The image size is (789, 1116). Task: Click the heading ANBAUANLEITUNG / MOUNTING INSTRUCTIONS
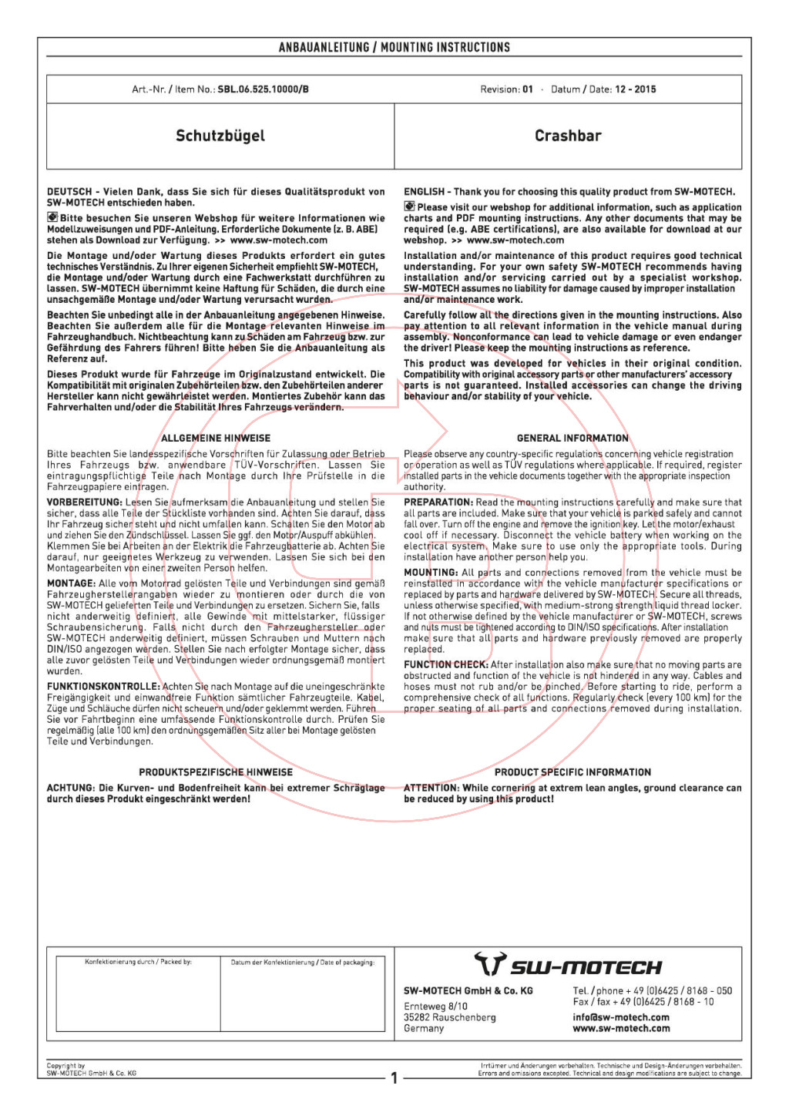[x=394, y=48]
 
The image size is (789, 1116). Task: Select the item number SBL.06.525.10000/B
[x=263, y=89]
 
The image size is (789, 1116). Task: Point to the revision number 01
[x=528, y=89]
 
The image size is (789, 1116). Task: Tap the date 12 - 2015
[x=635, y=89]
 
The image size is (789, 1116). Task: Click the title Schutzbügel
[x=220, y=136]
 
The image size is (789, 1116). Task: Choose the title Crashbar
[x=568, y=136]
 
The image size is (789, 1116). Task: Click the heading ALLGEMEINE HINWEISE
[x=216, y=439]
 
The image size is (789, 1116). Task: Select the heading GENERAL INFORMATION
[x=572, y=439]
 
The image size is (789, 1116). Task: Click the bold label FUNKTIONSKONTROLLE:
[x=103, y=687]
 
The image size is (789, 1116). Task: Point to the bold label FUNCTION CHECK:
[x=446, y=665]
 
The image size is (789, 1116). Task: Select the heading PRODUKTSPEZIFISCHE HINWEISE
[x=216, y=772]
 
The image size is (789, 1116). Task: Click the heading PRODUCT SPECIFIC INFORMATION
[x=572, y=772]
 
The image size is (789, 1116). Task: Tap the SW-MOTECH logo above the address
[x=568, y=965]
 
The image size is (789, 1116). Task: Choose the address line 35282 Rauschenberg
[x=450, y=1017]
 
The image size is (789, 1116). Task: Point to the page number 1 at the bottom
[x=394, y=1078]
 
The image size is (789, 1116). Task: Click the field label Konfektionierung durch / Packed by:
[x=138, y=962]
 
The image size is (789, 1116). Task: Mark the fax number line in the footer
[x=643, y=1002]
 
